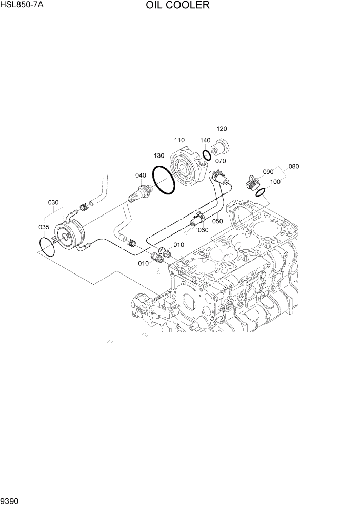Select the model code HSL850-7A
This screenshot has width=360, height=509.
(x=22, y=5)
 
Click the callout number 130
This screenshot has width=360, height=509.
(x=158, y=155)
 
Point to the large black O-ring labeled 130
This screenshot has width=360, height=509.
(x=164, y=181)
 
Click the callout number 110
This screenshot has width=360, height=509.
(x=179, y=140)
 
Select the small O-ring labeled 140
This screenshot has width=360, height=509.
(x=206, y=155)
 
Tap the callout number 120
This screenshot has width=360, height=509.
(x=222, y=129)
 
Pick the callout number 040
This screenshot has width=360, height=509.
(x=141, y=175)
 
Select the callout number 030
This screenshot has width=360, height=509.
(x=54, y=202)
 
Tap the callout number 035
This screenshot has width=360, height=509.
(x=44, y=226)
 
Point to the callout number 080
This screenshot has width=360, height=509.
(x=293, y=166)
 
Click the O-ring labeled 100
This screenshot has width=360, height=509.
(x=261, y=192)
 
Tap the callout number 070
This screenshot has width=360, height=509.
(x=221, y=161)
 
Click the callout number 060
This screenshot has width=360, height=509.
(x=203, y=230)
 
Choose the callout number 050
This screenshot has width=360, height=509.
(x=217, y=221)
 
